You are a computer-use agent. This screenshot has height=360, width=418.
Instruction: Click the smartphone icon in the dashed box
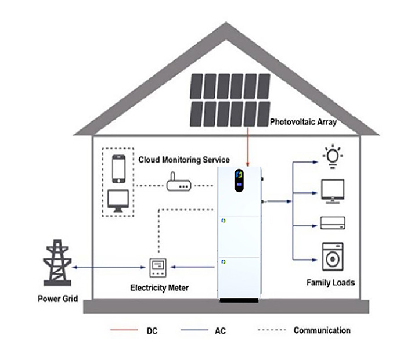(119, 169)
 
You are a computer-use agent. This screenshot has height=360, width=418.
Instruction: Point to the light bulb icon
(332, 157)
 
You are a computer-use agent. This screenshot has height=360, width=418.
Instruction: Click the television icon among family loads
(333, 191)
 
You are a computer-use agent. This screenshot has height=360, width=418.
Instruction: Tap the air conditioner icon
(333, 222)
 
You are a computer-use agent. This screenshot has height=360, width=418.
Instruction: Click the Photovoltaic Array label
(304, 123)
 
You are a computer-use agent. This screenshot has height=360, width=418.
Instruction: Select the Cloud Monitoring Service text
(183, 159)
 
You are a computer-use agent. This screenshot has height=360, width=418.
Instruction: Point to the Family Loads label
(330, 283)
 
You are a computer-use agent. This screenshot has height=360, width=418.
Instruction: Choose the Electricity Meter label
(158, 287)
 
